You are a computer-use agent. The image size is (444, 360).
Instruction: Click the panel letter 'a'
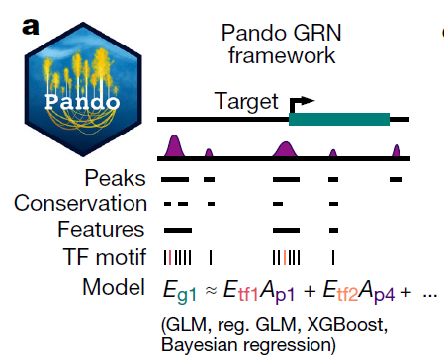(x=31, y=27)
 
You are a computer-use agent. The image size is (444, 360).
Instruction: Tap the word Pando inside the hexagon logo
(x=82, y=102)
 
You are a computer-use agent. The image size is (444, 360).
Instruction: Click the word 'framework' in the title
(x=282, y=55)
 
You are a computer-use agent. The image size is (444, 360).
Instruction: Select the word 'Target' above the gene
(x=246, y=101)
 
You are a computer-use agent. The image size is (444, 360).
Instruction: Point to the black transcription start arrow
(x=301, y=104)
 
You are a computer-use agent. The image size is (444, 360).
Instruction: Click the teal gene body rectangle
(x=339, y=119)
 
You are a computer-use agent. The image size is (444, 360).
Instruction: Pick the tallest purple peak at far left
(x=174, y=145)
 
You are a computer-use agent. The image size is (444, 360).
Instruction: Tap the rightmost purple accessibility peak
(x=396, y=150)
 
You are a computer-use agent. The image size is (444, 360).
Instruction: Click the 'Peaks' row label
(x=115, y=178)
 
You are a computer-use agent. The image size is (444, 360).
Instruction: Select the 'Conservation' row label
(x=80, y=203)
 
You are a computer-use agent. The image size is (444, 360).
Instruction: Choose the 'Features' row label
(x=101, y=229)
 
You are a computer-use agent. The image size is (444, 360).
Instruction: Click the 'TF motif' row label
(x=105, y=257)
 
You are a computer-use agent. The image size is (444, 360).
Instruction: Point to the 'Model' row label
(x=114, y=287)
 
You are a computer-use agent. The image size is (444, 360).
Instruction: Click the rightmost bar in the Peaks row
(x=396, y=180)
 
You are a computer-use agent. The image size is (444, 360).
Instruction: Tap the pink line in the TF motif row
(x=170, y=257)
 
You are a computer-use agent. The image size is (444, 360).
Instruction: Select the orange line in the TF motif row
(x=284, y=257)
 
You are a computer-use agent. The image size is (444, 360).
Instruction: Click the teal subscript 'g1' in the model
(x=187, y=294)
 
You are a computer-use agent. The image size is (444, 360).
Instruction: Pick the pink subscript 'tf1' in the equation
(x=248, y=293)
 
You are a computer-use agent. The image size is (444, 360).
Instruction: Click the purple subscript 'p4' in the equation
(x=385, y=294)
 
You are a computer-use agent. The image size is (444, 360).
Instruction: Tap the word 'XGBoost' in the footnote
(x=347, y=325)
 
